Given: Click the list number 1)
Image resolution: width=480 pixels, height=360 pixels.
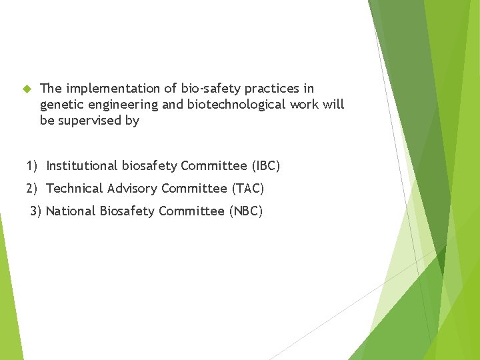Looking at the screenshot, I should coord(33,165).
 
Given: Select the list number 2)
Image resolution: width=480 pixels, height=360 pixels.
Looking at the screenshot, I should coord(33,189).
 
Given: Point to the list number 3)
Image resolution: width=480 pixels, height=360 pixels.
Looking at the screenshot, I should coord(36,211).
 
